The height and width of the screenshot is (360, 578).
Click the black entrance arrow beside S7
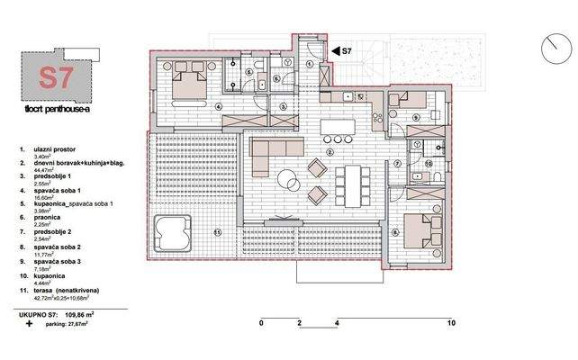coord(332,52)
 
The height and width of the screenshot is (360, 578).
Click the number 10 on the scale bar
coord(450,321)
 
